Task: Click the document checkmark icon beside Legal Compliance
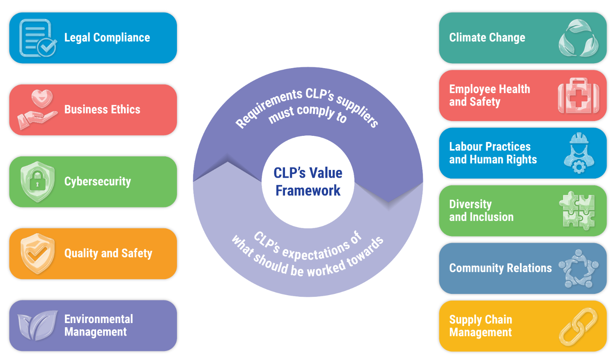coord(38,38)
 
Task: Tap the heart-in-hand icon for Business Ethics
coord(37,109)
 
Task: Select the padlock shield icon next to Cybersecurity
coord(37,182)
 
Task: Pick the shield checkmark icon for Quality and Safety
coord(37,254)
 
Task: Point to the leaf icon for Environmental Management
coord(37,326)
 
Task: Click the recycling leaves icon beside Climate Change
coord(579,38)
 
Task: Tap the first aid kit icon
coord(579,96)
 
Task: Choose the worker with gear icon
coord(579,153)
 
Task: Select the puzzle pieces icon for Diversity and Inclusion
coord(577,211)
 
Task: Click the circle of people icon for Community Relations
coord(579,268)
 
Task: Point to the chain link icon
coord(579,326)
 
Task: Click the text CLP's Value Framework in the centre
coord(308,182)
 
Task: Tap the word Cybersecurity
coord(98,182)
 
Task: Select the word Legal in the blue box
coord(77,38)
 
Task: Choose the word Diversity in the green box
coord(470,204)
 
